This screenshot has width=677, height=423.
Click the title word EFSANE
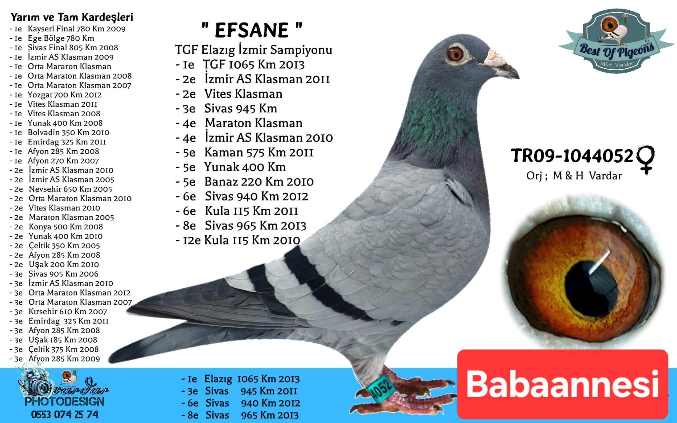click(252, 30)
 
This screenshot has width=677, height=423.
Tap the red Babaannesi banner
click(563, 384)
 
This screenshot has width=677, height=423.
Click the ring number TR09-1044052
click(572, 156)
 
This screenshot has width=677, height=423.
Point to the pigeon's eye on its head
click(455, 54)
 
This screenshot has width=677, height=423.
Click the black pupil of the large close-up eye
click(592, 285)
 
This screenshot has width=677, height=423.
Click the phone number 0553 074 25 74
click(65, 414)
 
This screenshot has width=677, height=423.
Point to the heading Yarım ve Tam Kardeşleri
click(72, 17)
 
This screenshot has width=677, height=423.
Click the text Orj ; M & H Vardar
click(574, 176)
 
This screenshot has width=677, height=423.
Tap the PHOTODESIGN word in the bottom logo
click(64, 402)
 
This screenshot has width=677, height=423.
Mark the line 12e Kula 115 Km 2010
click(238, 240)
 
